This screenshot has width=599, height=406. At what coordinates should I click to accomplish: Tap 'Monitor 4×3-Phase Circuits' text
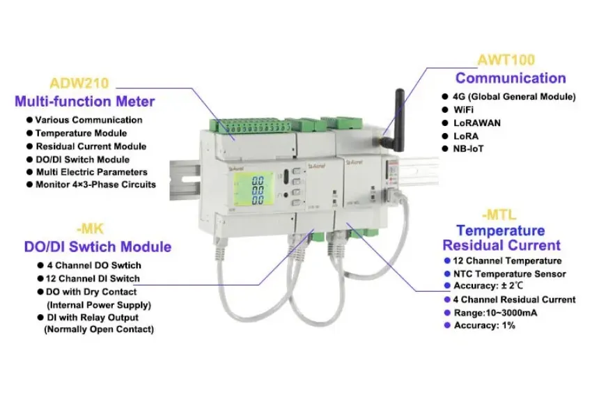(x=95, y=185)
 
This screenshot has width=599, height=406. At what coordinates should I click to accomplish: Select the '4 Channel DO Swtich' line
(x=93, y=265)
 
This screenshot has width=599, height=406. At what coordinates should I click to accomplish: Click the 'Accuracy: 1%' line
(x=485, y=326)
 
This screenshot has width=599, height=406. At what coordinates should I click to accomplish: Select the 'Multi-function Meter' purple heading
(x=84, y=102)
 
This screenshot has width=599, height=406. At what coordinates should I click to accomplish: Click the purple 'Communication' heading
(x=511, y=78)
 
